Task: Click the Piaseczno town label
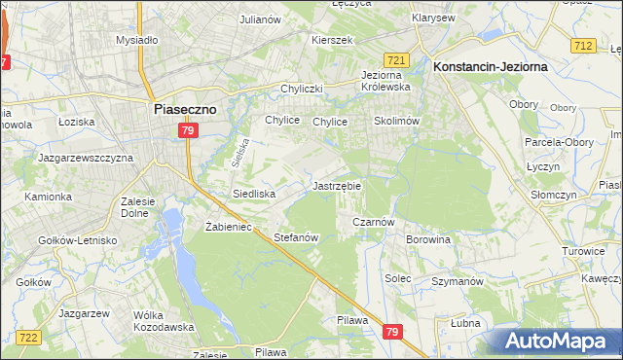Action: pyautogui.click(x=192, y=110)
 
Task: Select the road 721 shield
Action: pyautogui.click(x=395, y=60)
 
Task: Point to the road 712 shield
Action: pyautogui.click(x=584, y=46)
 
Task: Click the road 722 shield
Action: pyautogui.click(x=28, y=337)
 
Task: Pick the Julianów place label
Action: pyautogui.click(x=260, y=18)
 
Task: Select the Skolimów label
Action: pyautogui.click(x=396, y=122)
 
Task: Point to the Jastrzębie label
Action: pyautogui.click(x=337, y=185)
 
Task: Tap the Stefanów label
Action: pyautogui.click(x=297, y=237)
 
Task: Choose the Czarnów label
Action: pyautogui.click(x=373, y=222)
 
